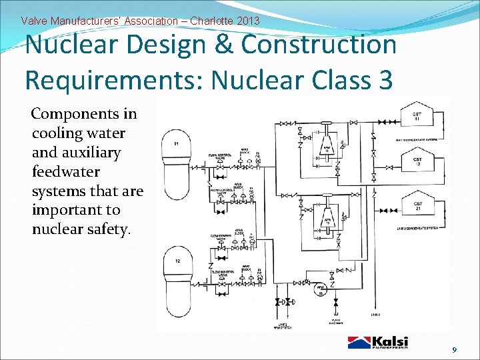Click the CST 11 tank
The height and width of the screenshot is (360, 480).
[417, 117]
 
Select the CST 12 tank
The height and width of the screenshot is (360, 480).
[417, 161]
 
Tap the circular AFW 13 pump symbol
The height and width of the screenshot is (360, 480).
[320, 288]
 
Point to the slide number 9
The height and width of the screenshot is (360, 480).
[455, 350]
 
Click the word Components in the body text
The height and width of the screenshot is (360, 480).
[84, 114]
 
